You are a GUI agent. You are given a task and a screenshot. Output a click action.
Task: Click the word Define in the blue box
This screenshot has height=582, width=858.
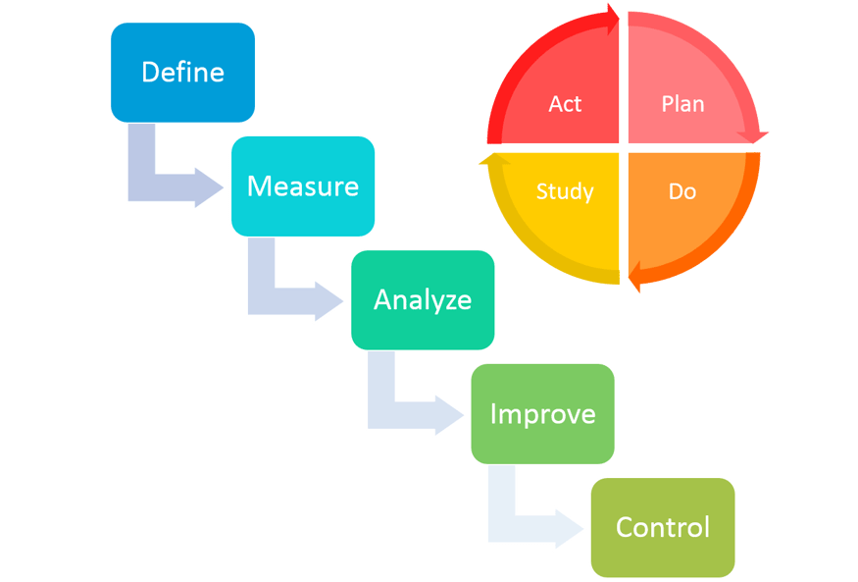coord(182,73)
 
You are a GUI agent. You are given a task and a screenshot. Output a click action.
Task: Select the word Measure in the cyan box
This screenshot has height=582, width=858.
coord(302,186)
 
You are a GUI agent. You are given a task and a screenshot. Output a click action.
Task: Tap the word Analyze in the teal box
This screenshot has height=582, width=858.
coord(422,300)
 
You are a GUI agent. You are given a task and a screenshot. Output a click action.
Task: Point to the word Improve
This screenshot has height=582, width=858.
coord(542,413)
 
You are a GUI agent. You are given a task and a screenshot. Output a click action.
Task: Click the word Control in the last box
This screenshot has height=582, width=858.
coord(662,528)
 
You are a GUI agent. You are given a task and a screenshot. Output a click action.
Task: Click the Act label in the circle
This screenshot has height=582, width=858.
coord(565,104)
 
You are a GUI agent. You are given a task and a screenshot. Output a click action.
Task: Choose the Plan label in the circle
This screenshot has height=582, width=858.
coord(682,104)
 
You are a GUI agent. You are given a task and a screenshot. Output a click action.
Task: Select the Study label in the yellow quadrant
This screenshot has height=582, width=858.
coord(565,190)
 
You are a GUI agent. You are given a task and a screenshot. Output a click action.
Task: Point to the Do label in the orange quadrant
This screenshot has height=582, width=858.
coord(682,190)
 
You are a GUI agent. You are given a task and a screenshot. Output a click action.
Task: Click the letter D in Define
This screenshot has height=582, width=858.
coord(150,73)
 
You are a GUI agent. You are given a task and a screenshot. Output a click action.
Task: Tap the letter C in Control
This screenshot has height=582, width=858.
coord(625,528)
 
